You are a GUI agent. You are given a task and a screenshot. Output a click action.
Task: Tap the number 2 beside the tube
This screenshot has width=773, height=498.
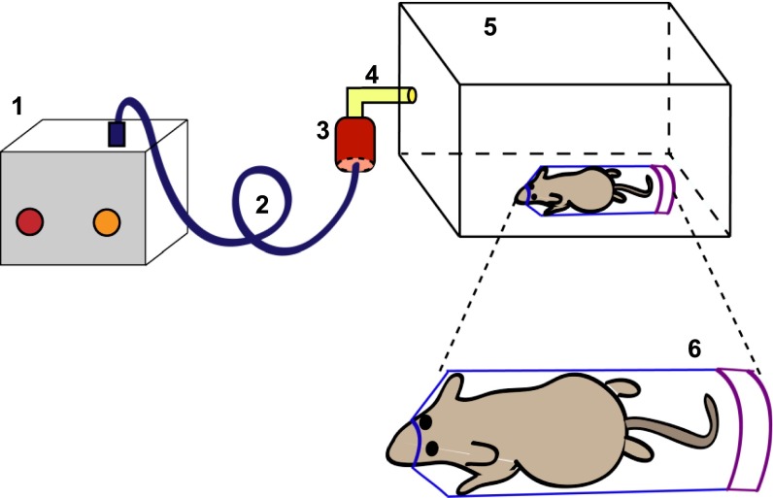point(261,204)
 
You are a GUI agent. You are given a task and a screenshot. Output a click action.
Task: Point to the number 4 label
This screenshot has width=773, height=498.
point(372,74)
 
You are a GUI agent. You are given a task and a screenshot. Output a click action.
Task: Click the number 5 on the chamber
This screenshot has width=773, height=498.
point(490,27)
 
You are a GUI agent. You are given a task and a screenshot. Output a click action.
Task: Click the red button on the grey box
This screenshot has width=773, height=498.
point(30,222)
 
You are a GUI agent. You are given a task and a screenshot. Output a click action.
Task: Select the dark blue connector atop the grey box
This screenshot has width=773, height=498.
point(117,134)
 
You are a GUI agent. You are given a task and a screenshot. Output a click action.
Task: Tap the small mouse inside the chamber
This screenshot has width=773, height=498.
point(573,189)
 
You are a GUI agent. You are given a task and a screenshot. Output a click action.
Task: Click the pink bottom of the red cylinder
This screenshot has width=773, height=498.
point(356,166)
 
